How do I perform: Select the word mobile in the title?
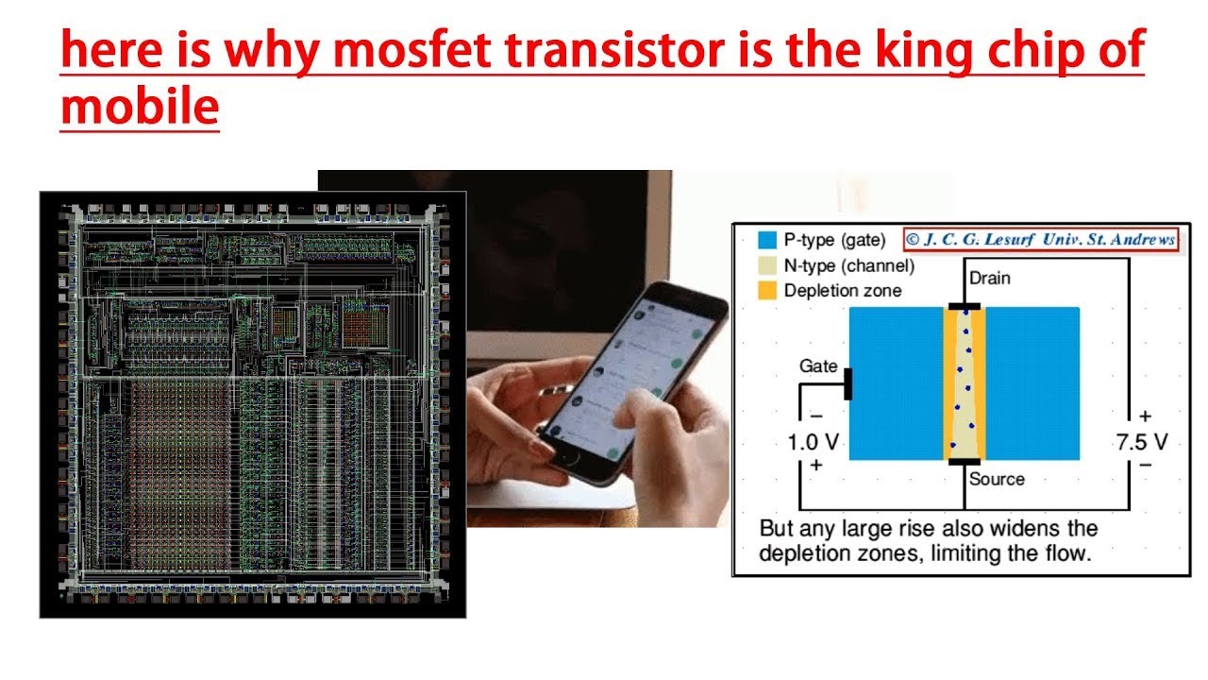tap(140, 107)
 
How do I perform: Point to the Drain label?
tap(989, 278)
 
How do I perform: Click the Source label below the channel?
tap(997, 479)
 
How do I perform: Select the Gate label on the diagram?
tap(818, 365)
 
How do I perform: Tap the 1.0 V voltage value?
tap(813, 442)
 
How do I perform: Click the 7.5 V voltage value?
tap(1142, 442)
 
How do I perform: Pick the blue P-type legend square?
tap(766, 240)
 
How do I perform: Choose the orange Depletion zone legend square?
tap(766, 291)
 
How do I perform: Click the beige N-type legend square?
tap(766, 265)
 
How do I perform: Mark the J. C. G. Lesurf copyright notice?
tap(1041, 239)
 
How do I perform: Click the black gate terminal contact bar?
tap(847, 383)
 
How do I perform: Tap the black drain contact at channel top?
tap(964, 307)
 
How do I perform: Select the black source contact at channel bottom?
tap(964, 461)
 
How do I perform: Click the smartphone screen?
tap(628, 378)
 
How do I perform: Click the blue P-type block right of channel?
tap(1032, 383)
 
